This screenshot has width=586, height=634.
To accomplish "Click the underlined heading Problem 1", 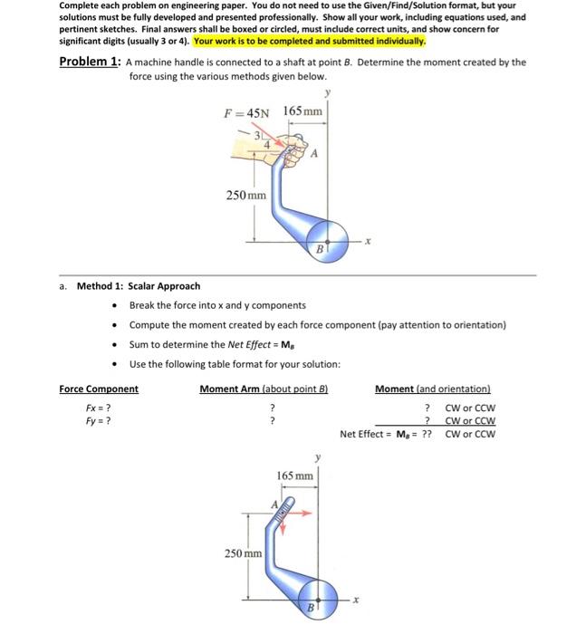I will (89, 62).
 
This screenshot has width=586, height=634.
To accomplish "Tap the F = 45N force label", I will (247, 112).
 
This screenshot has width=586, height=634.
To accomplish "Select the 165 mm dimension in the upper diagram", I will (303, 111).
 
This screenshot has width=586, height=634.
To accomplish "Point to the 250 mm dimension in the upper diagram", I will (245, 195).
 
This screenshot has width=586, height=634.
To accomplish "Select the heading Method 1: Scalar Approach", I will (139, 286).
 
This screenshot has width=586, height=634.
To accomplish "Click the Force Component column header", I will (99, 389).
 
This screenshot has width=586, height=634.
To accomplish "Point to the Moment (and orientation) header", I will (432, 389).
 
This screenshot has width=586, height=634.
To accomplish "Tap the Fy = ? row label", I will (98, 420).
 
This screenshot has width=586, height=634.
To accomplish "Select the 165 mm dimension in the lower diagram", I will (295, 475).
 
